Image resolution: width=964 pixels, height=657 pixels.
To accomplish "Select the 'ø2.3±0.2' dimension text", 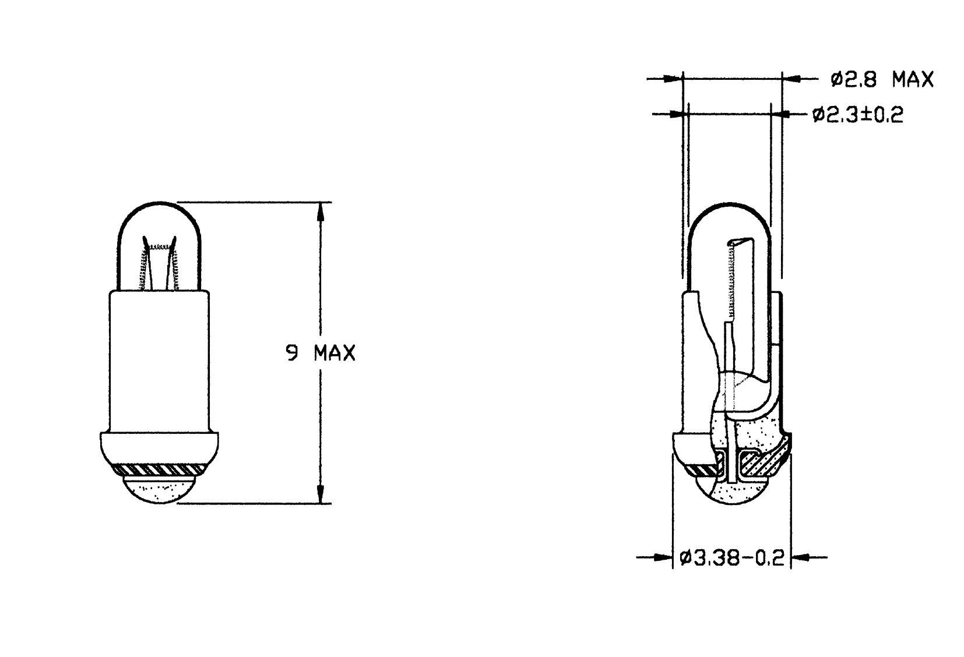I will pos(857,115).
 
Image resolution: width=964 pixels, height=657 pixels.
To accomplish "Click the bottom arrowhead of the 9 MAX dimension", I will pos(319,494).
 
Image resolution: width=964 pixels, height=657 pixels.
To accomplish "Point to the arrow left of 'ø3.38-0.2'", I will pos(662,557).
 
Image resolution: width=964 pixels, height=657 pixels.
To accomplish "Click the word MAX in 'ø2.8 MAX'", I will pos(912,79).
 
